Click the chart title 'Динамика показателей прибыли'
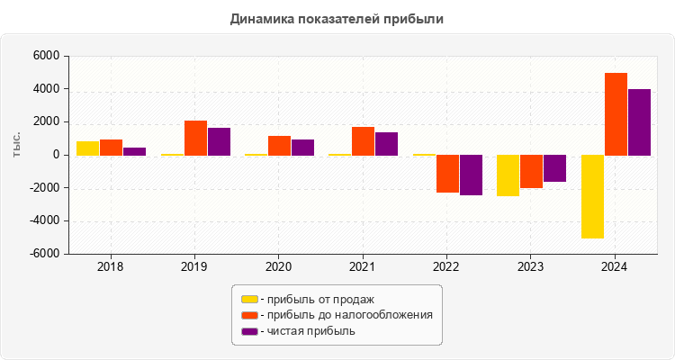(337, 18)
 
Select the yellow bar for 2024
(592, 196)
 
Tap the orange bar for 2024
(616, 114)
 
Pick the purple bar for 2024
(639, 122)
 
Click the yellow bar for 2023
(508, 175)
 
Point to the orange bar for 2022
(448, 174)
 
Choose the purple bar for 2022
(472, 175)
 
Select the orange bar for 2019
(195, 138)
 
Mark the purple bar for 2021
(387, 144)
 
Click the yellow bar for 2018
(87, 148)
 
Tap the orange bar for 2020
(279, 146)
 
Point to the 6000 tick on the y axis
(46, 57)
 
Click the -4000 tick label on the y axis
(44, 221)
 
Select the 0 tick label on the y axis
(56, 156)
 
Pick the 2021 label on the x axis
(363, 267)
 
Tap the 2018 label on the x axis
(111, 267)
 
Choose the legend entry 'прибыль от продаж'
(316, 299)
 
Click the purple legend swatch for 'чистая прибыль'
(249, 331)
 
